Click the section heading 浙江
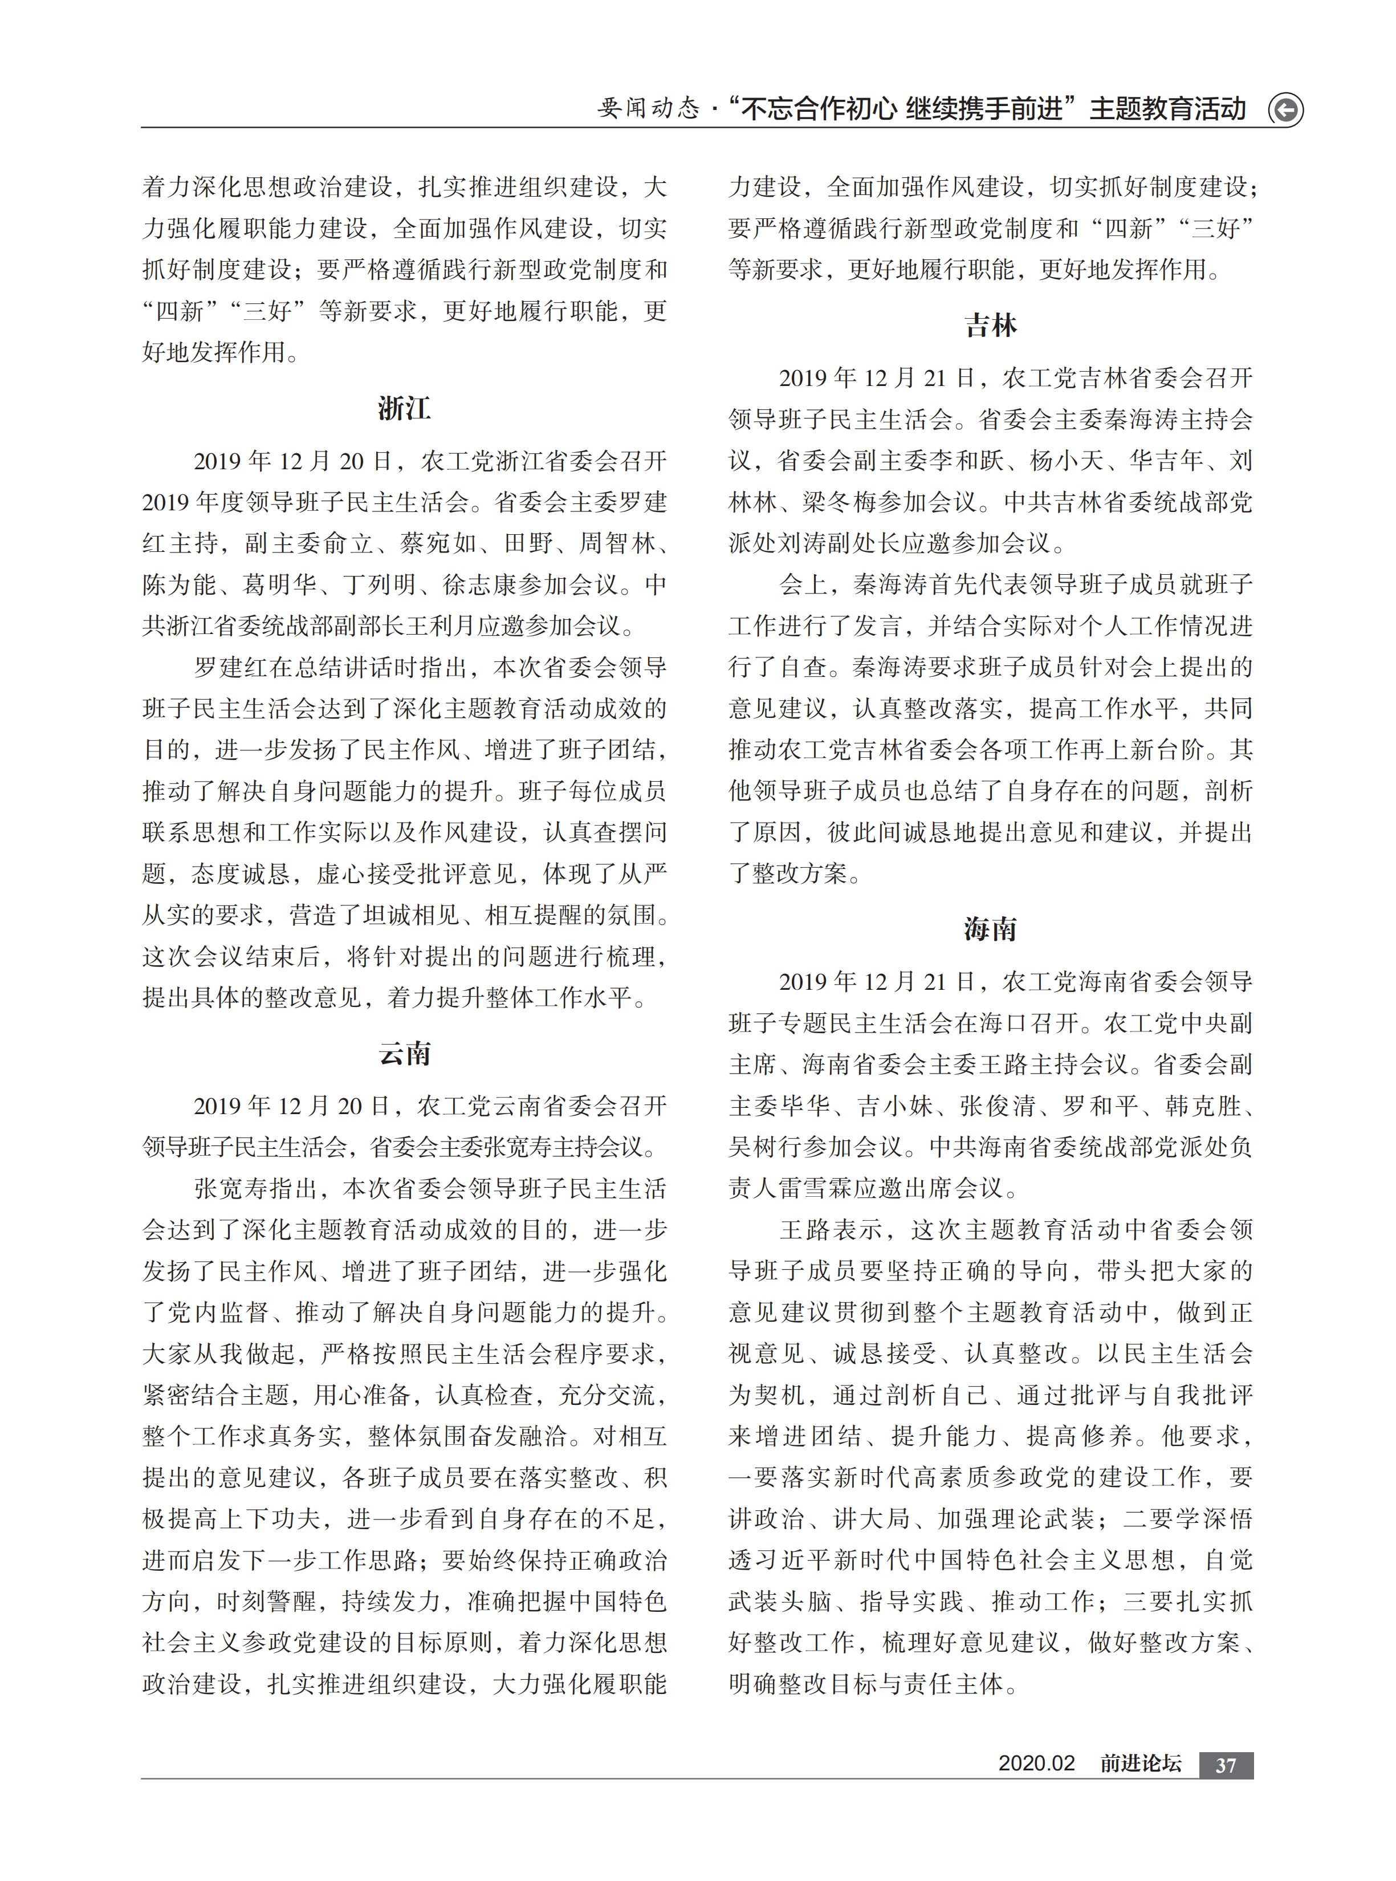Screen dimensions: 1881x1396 click(x=404, y=409)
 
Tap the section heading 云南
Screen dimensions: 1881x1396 click(x=404, y=1054)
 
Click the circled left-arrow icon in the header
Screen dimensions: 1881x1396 click(x=1285, y=110)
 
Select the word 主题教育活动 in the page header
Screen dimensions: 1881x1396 click(x=1168, y=110)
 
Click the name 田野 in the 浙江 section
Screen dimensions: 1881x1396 click(x=529, y=543)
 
